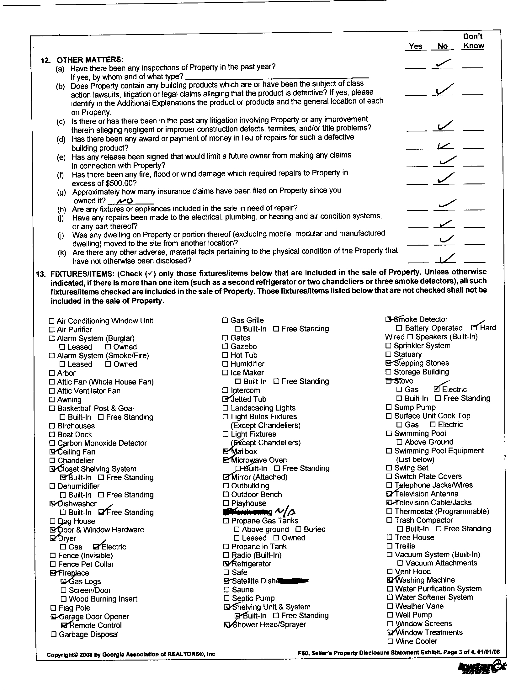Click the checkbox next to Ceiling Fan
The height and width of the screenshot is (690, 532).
[x=52, y=452]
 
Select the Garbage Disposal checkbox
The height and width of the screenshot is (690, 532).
[x=54, y=634]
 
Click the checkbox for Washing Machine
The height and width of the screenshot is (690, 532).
[x=390, y=580]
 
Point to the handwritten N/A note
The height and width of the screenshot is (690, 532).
[x=285, y=511]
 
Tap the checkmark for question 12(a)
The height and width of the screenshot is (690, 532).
[x=443, y=64]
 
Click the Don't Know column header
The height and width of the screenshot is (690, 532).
[x=473, y=41]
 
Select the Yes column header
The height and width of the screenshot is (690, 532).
[x=415, y=46]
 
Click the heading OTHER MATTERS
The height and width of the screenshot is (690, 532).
[x=90, y=60]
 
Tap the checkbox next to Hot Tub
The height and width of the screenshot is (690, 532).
[x=225, y=355]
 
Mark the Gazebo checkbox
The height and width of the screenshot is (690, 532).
[x=225, y=347]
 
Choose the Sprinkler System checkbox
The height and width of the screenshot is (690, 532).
[x=389, y=346]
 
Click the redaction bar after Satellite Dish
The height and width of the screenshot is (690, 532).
[x=294, y=580]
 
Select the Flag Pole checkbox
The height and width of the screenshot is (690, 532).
[x=53, y=608]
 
